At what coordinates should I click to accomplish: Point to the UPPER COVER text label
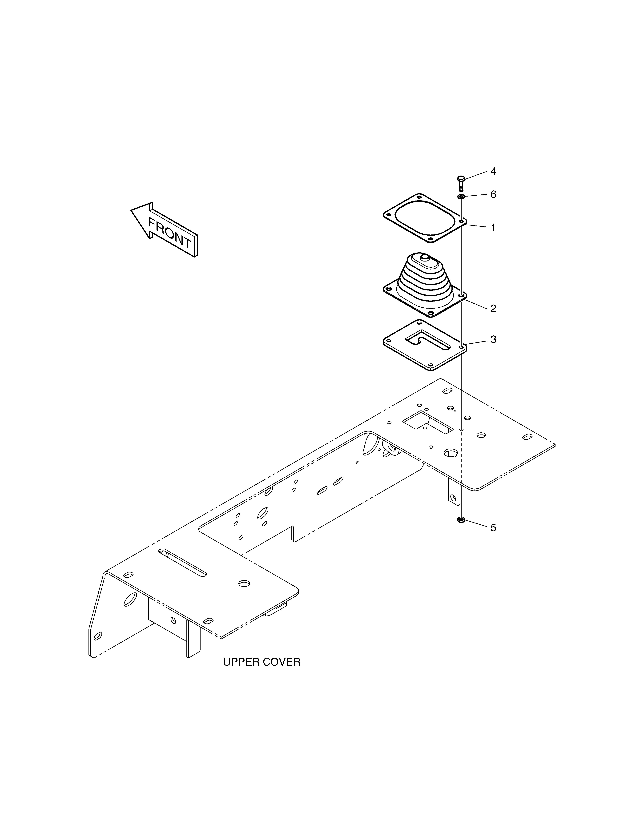(x=262, y=662)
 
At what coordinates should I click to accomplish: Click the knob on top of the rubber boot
(x=424, y=258)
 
